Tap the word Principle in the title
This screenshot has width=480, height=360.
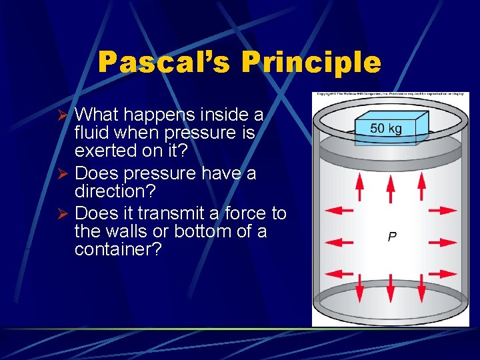coord(311,63)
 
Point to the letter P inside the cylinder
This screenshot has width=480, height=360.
coord(393,237)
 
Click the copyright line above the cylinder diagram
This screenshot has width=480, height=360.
coord(391,95)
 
